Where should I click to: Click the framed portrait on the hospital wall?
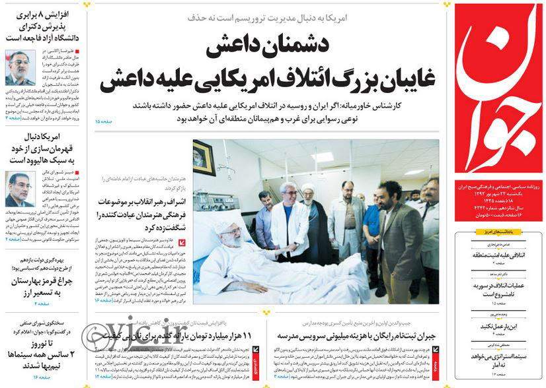point(203,156)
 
